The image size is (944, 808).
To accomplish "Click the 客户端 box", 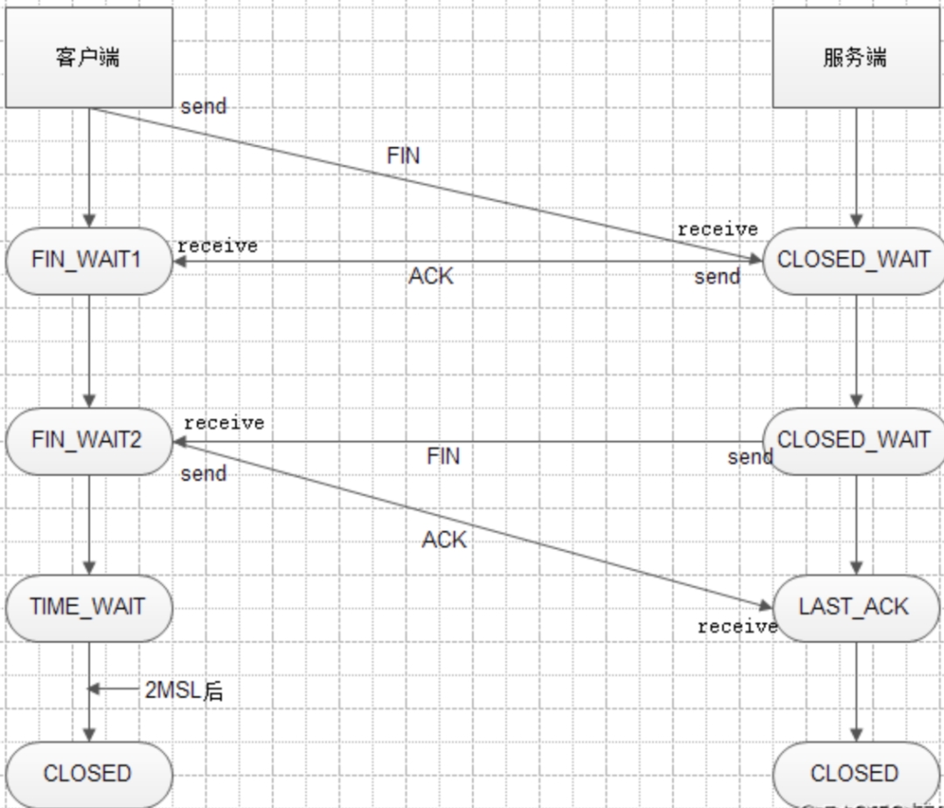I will pos(88,58).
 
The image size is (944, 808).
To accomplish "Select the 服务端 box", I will pos(854,58).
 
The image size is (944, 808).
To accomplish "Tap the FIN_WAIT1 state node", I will pos(88,261).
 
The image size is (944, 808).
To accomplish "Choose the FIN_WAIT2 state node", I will pos(88,440).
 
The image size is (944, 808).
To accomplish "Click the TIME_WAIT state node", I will pos(88,607).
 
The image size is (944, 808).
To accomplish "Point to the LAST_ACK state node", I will pos(854,607).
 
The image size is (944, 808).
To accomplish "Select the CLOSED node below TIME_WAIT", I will pos(88,774).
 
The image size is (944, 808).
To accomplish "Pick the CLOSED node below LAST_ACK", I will pos(854,774).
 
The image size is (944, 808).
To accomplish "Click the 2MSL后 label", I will pos(184,691).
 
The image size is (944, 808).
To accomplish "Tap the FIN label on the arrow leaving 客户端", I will pos(403,156).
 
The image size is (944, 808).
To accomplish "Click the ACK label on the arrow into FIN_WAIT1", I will pos(431,276).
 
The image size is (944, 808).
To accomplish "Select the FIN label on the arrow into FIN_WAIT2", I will pos(443,456).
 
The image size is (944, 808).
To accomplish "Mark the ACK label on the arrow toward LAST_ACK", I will pos(444,540).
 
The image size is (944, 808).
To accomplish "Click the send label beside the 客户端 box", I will pos(203,107).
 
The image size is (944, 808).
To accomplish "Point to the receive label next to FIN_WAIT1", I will pos(218,247).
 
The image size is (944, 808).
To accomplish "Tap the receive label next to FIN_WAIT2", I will pos(224,423).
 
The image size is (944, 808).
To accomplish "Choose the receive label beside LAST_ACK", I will pos(737,626).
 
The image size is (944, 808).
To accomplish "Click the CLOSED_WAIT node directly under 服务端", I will pos(853,261).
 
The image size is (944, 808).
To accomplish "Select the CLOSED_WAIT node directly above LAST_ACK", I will pos(853,440).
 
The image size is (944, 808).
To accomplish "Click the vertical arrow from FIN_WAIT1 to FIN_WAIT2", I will pos(88,350).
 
